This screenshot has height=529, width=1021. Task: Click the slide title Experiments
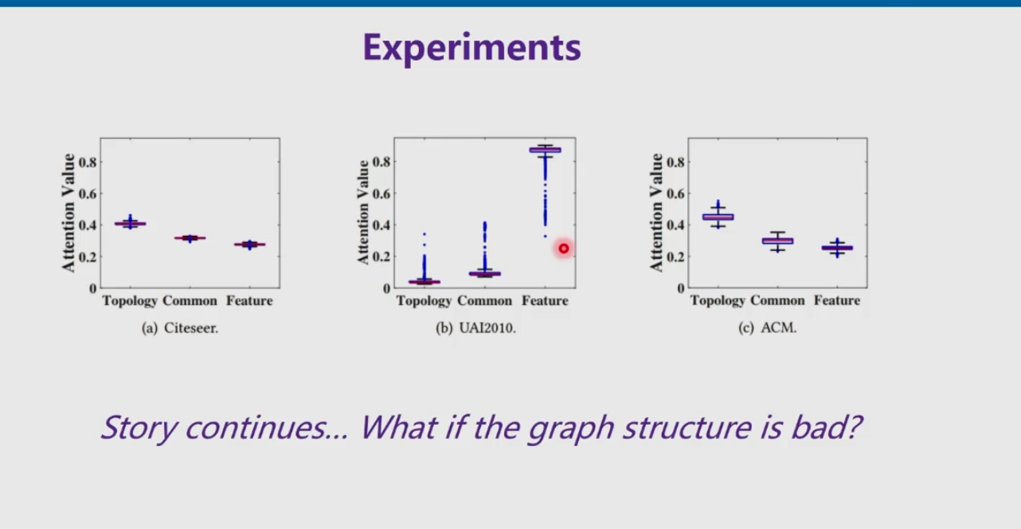[x=471, y=48]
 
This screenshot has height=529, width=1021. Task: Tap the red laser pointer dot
[x=564, y=249]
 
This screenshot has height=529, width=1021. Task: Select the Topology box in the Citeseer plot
[x=131, y=223]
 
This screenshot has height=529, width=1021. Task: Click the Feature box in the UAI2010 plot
[x=545, y=150]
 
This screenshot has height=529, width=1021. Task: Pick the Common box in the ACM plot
[x=777, y=241]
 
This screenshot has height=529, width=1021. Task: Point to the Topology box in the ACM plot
[x=718, y=217]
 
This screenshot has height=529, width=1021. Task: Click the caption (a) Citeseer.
[x=180, y=328]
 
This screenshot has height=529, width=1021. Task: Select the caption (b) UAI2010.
[x=476, y=328]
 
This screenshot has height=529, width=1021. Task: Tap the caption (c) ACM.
[x=768, y=328]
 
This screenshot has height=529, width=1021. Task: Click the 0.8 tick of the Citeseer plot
[x=88, y=162]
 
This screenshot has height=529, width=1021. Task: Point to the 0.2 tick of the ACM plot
[x=675, y=257]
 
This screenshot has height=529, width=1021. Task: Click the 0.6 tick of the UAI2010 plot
[x=381, y=194]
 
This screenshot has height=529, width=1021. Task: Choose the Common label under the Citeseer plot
[x=190, y=300]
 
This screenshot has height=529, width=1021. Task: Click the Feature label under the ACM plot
[x=837, y=300]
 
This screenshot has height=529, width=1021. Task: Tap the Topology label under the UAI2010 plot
[x=424, y=301]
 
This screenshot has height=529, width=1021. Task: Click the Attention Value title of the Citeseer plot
[x=68, y=213]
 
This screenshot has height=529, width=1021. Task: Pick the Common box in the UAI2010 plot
[x=485, y=273]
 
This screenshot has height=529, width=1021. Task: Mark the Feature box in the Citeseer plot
[x=250, y=245]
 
